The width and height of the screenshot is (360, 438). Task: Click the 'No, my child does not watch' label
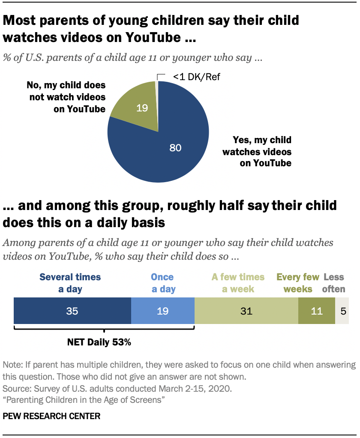pos(68,97)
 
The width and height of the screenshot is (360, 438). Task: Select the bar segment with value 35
pos(72,311)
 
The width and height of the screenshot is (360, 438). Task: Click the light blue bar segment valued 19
pos(162,311)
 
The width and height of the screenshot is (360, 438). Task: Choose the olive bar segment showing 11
pos(316,311)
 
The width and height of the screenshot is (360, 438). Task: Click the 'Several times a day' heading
pos(70,283)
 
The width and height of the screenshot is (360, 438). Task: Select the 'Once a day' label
pos(162,283)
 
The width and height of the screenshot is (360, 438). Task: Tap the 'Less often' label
pos(334,283)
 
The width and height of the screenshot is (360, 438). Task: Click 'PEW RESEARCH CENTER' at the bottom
pos(52,416)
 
